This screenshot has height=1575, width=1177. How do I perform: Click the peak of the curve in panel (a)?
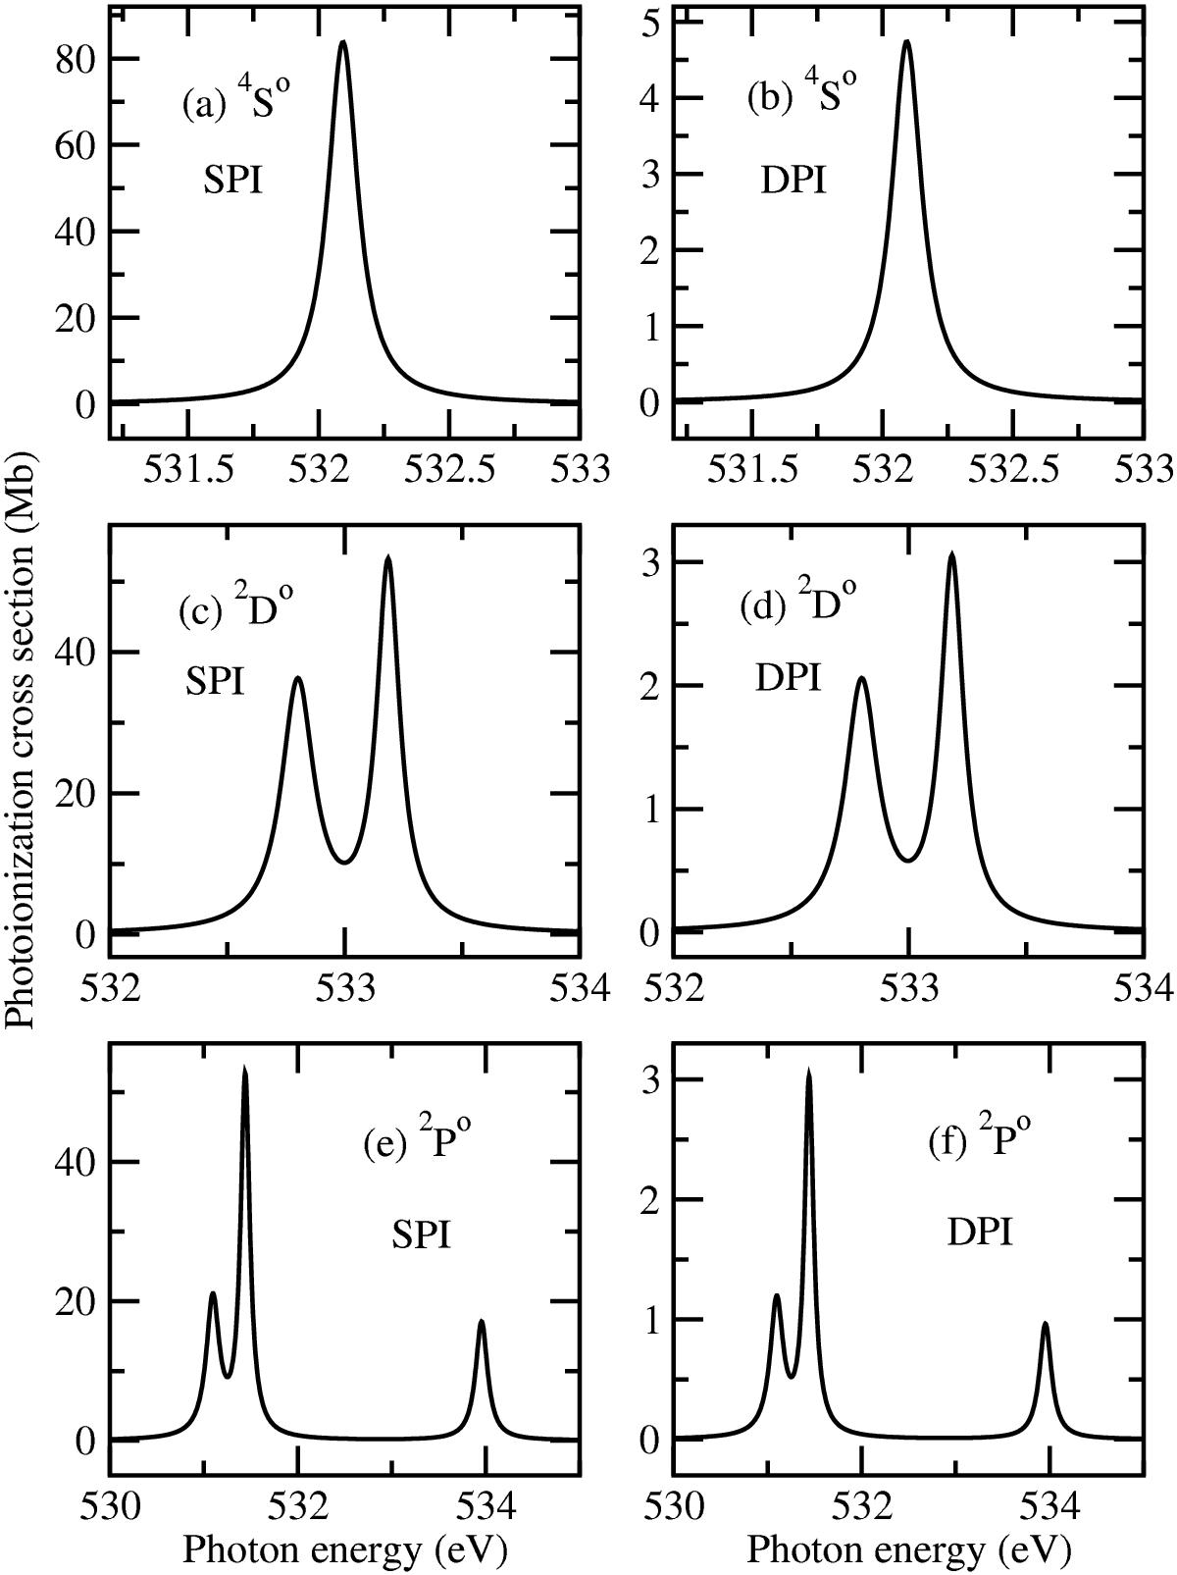click(x=342, y=42)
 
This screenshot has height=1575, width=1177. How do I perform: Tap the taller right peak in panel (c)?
click(x=388, y=557)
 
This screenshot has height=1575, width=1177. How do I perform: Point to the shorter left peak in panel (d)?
click(x=861, y=678)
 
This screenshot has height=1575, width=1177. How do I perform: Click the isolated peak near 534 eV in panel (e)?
click(x=482, y=1322)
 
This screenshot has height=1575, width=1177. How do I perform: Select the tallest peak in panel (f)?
click(x=809, y=1072)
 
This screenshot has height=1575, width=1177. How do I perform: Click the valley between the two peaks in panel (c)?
click(x=344, y=863)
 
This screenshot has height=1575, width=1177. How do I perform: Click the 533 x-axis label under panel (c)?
click(x=344, y=988)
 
